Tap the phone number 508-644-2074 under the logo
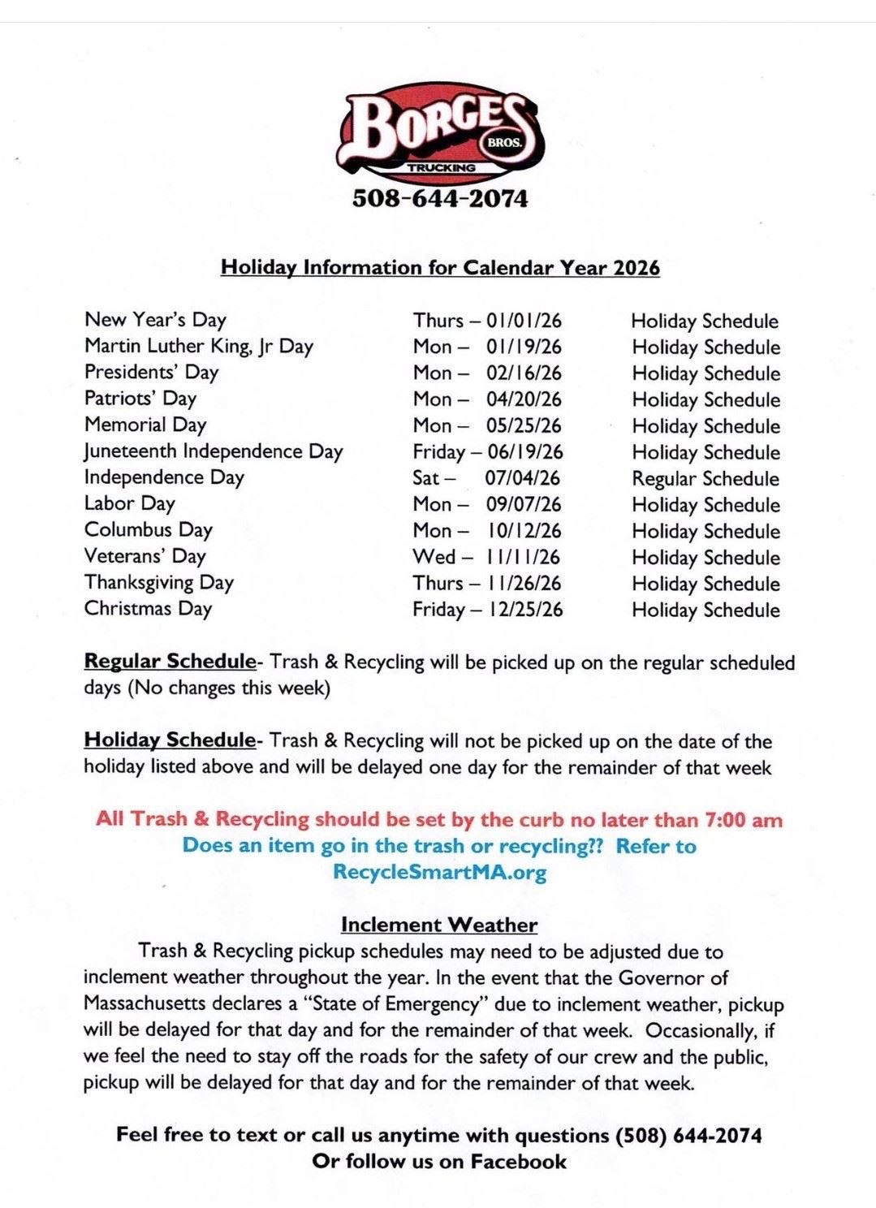(x=439, y=199)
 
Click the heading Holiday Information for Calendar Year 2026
(x=440, y=268)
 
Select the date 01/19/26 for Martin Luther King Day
(x=524, y=347)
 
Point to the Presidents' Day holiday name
(x=152, y=373)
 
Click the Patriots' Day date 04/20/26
(x=524, y=399)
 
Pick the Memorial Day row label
(x=145, y=425)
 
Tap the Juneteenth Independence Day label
(x=214, y=451)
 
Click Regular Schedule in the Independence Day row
(x=706, y=479)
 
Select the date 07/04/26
(x=523, y=478)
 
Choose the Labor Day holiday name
(x=130, y=504)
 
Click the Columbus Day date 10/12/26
(x=524, y=531)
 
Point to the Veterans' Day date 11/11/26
(x=524, y=557)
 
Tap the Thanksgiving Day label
(x=159, y=583)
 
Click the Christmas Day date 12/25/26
(x=525, y=610)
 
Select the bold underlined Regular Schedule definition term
(x=170, y=662)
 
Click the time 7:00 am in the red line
(x=744, y=819)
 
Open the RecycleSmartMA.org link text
(x=439, y=873)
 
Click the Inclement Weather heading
(x=439, y=925)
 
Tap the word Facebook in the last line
(x=518, y=1162)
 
